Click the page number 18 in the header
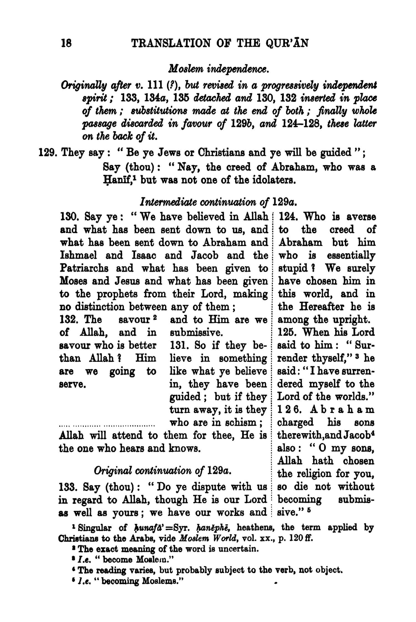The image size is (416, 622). click(67, 44)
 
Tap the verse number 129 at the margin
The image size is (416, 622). click(47, 152)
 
